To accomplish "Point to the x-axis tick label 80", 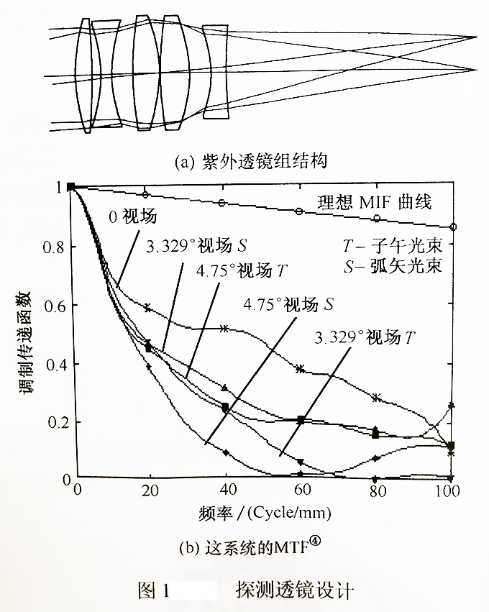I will point(377,490).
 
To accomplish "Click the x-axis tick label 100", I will point(447,490).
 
